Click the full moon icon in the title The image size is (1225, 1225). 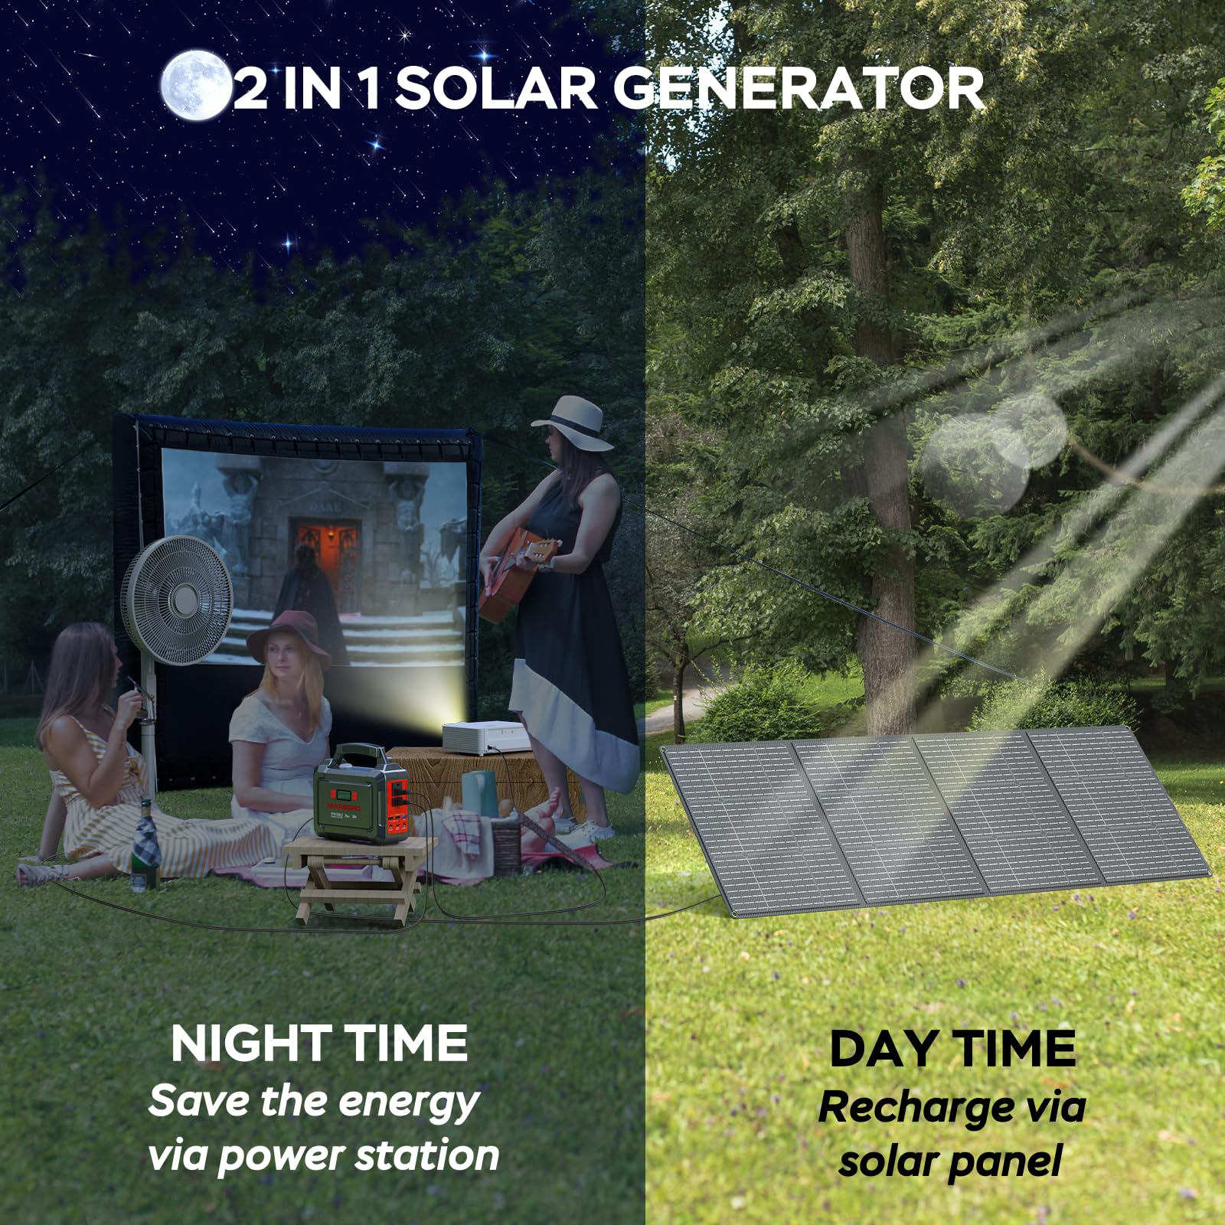(194, 85)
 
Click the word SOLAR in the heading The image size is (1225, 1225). (495, 89)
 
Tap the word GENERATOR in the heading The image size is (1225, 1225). (798, 89)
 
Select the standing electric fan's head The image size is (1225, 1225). (177, 599)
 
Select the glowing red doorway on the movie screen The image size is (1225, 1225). (328, 563)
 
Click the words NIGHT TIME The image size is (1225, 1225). (319, 1043)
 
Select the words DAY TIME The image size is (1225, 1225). (952, 1048)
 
